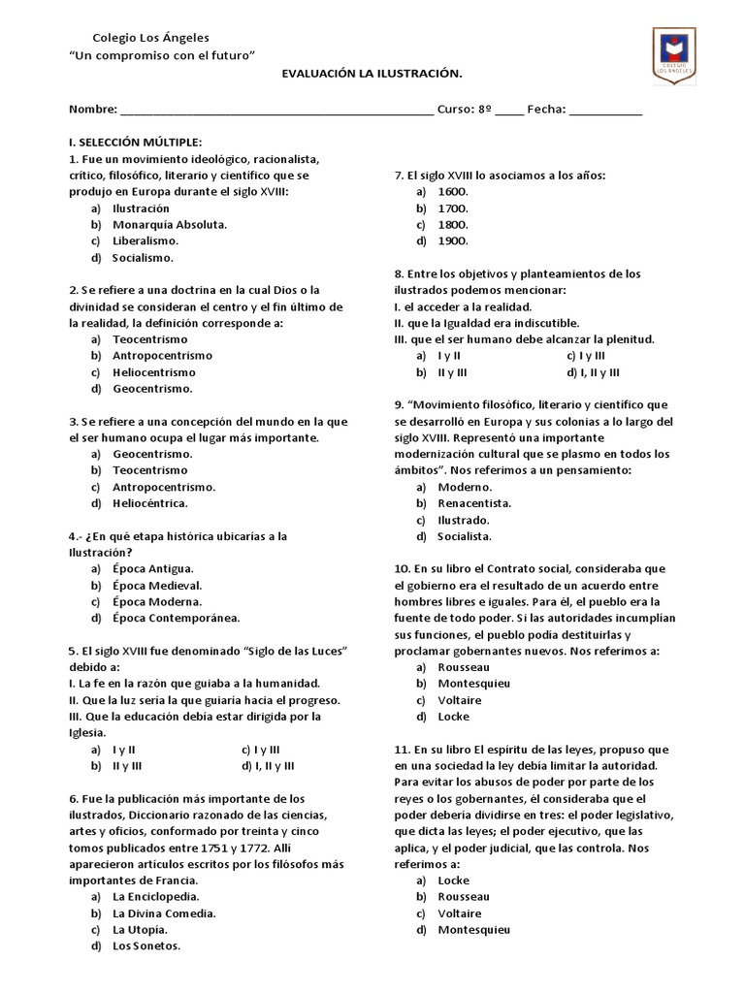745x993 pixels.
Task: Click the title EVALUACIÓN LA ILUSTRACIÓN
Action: (372, 74)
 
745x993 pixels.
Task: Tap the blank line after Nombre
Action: (276, 110)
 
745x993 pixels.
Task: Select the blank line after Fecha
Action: (605, 110)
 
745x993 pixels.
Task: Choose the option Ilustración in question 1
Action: (141, 208)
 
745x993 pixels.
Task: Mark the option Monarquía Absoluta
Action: (170, 225)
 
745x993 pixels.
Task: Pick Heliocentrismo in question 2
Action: (153, 372)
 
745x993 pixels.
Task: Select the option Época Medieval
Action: (157, 586)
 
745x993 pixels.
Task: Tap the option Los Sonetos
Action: (146, 946)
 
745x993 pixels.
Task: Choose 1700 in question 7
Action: (453, 208)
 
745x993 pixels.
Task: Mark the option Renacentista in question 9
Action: (474, 503)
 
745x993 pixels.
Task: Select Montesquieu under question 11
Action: (473, 930)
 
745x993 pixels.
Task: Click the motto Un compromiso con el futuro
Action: (162, 56)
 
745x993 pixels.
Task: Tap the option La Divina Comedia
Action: (164, 913)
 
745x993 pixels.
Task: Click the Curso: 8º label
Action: (464, 110)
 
